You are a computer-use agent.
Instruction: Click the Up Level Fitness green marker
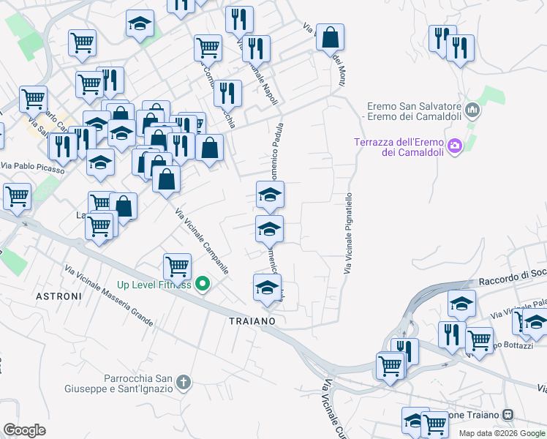[x=204, y=285]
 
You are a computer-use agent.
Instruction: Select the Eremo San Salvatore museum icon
[x=472, y=111]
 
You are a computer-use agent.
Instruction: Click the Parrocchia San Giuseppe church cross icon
[x=183, y=382]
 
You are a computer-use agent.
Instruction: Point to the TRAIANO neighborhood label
[x=252, y=321]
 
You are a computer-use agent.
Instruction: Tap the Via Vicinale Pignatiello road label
[x=348, y=233]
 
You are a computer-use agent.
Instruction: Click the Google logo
[x=24, y=430]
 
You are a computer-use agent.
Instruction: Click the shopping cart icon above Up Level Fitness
[x=177, y=267]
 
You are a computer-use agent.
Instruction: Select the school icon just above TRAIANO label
[x=268, y=287]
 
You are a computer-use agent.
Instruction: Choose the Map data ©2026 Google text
[x=502, y=433]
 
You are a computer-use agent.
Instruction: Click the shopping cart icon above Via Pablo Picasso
[x=33, y=99]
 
